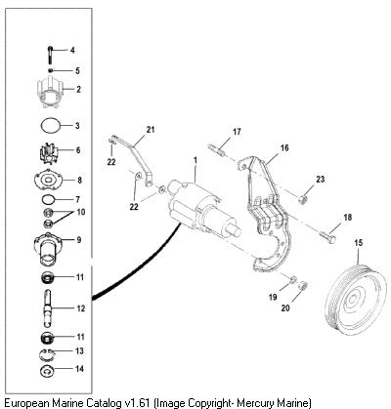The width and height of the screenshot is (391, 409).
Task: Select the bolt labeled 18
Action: click(327, 237)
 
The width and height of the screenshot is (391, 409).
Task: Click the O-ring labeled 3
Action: click(51, 125)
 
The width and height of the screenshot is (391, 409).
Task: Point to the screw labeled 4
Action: click(51, 56)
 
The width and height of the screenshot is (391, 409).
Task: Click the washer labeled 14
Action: click(47, 371)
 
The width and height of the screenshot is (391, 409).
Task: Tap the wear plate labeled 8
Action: click(48, 180)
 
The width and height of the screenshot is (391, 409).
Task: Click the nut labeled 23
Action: click(304, 199)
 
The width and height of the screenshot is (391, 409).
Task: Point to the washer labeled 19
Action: click(293, 279)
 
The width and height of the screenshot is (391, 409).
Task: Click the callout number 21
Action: click(151, 130)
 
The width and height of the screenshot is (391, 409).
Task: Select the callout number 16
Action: click(284, 148)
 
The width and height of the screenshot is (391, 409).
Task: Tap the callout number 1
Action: click(195, 160)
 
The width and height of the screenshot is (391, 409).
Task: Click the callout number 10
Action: click(81, 212)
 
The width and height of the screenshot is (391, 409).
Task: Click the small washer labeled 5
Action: click(50, 70)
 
